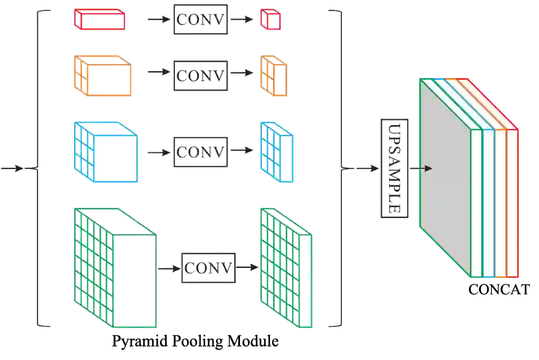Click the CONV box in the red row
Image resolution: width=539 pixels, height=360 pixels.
click(x=201, y=20)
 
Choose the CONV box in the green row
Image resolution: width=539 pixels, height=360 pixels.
click(x=209, y=268)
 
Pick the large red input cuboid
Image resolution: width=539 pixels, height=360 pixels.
click(x=100, y=18)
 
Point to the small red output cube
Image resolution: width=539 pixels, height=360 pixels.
click(x=270, y=19)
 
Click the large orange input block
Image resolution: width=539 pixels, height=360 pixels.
click(x=104, y=76)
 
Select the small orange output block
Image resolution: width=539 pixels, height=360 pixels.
click(x=273, y=76)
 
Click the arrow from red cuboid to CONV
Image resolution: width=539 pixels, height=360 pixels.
click(x=159, y=20)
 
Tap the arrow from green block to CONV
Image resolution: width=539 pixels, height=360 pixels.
click(x=167, y=268)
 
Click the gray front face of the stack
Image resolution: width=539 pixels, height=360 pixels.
click(x=445, y=178)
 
